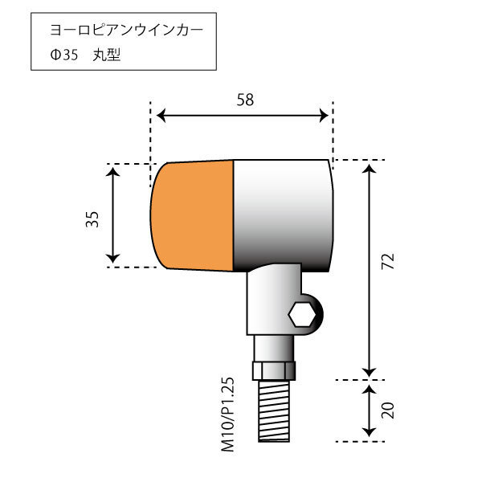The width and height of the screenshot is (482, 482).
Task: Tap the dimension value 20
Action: coord(389,411)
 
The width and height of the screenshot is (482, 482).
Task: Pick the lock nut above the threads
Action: coord(274,371)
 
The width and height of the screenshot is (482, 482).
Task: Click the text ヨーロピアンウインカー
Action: coord(126,31)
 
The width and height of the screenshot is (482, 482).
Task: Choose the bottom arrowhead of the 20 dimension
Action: coord(369,435)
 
